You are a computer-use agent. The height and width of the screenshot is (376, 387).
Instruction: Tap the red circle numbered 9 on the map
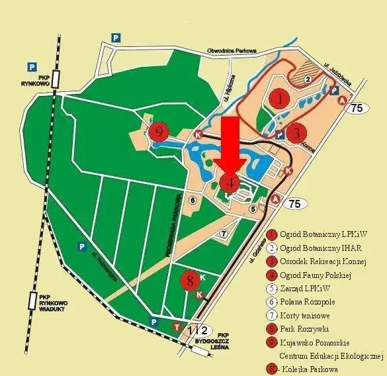pos(159,132)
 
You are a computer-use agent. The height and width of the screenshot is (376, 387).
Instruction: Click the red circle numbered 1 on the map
pos(280,99)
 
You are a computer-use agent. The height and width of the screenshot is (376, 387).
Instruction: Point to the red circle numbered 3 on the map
pos(298,131)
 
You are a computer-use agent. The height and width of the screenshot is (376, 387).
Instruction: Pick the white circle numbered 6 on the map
pos(193,200)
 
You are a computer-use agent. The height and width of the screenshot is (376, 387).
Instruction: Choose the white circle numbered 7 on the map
pos(224,233)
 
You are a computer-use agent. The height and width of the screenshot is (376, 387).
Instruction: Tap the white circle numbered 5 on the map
pos(252,209)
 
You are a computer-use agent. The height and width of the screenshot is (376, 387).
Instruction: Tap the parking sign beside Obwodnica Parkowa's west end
pos(116,38)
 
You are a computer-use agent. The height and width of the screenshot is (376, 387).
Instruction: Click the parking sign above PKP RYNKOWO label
pos(31,66)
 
